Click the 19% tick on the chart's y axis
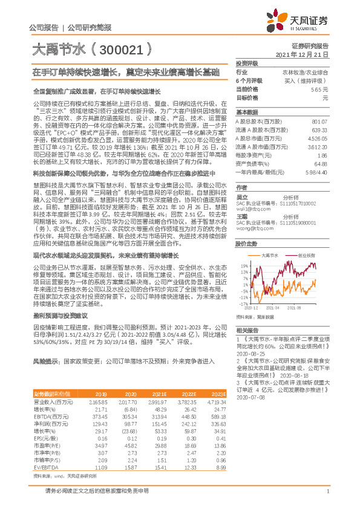tap(243, 248)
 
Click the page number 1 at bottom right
tap(327, 499)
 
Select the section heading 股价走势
tap(247, 227)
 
